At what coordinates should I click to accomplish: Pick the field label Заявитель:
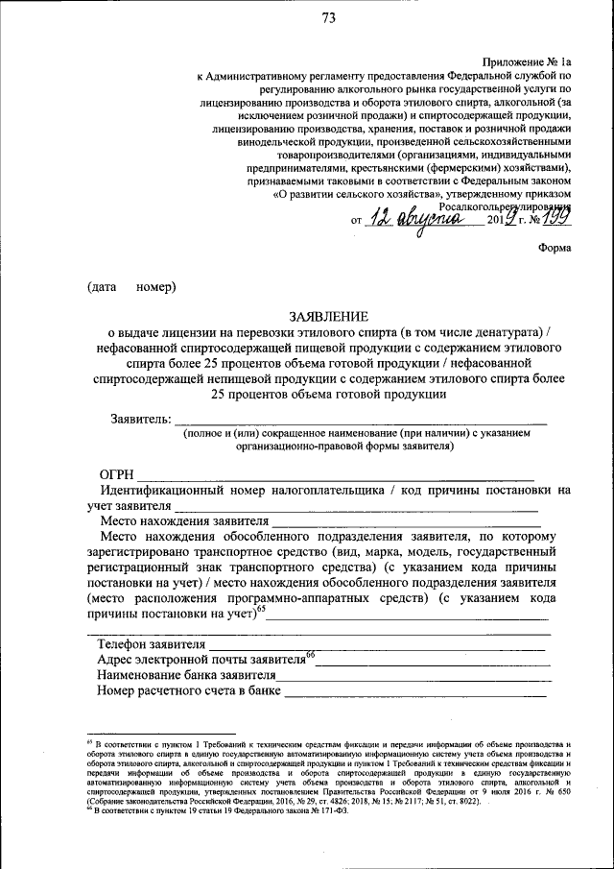coord(142,419)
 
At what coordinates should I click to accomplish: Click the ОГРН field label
coord(118,473)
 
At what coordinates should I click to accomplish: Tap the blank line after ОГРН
coord(336,475)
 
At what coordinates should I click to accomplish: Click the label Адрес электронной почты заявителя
coord(201,660)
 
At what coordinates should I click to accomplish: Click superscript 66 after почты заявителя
coord(311,655)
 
